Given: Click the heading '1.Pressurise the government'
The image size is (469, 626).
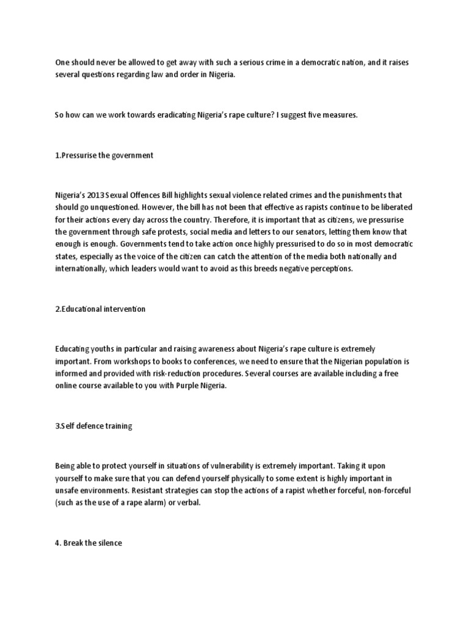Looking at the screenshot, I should click(x=104, y=155).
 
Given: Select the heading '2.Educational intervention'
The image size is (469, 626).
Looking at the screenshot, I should click(x=100, y=309).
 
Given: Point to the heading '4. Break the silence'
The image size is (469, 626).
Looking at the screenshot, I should click(x=89, y=542).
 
